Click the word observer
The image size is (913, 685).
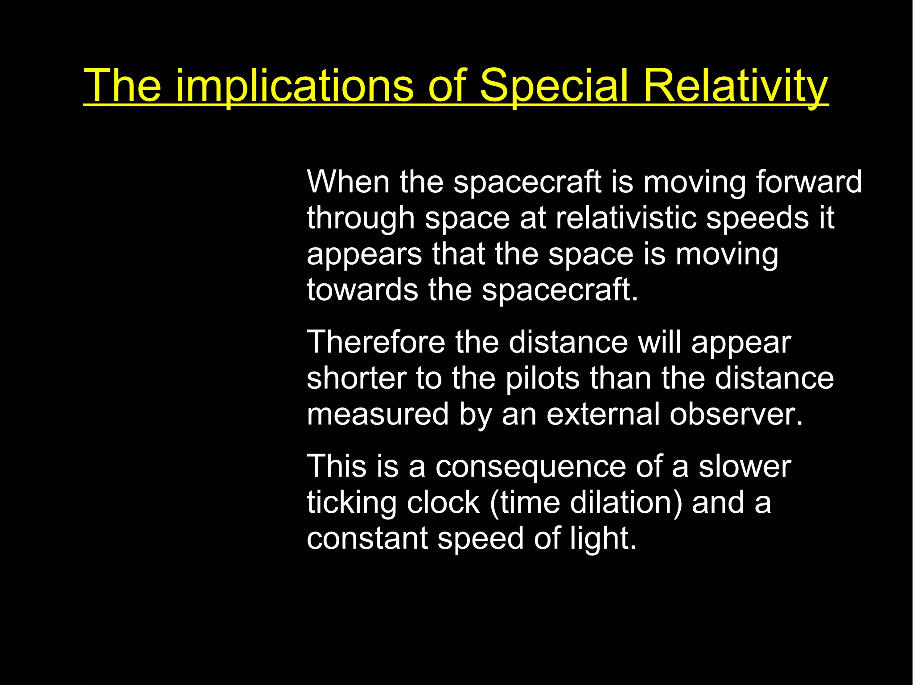point(736,414)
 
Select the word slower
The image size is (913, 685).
point(744,466)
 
